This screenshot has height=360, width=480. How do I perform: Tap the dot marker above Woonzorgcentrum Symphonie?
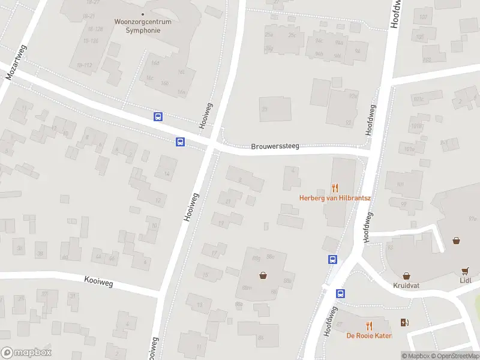coord(142,14)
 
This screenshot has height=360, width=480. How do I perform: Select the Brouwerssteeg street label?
coord(275,146)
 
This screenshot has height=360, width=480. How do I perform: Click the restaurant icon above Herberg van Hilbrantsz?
coord(335,187)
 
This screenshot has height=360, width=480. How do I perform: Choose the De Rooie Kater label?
coord(369,335)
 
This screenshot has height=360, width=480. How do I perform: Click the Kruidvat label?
coord(406,286)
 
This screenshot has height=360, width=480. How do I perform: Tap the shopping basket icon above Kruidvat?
coord(406,276)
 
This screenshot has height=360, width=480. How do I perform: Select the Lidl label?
coord(465,280)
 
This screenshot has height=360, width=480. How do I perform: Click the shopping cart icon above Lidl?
coord(465,271)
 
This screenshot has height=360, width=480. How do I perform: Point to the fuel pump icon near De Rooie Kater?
coord(406,322)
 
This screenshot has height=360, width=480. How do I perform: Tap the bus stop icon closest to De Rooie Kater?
coord(340,293)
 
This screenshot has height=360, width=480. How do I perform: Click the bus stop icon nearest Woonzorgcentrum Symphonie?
coord(158,117)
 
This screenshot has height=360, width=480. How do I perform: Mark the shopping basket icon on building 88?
coord(263,276)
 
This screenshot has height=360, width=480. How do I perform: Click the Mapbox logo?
coord(26,353)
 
